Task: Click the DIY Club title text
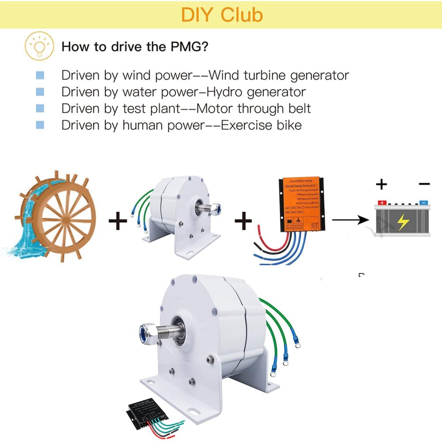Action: (222, 15)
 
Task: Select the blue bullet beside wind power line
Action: (40, 75)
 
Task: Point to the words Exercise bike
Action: (261, 125)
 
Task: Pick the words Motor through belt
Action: (253, 108)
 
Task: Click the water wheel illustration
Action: (55, 216)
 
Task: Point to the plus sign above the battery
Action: (382, 184)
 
